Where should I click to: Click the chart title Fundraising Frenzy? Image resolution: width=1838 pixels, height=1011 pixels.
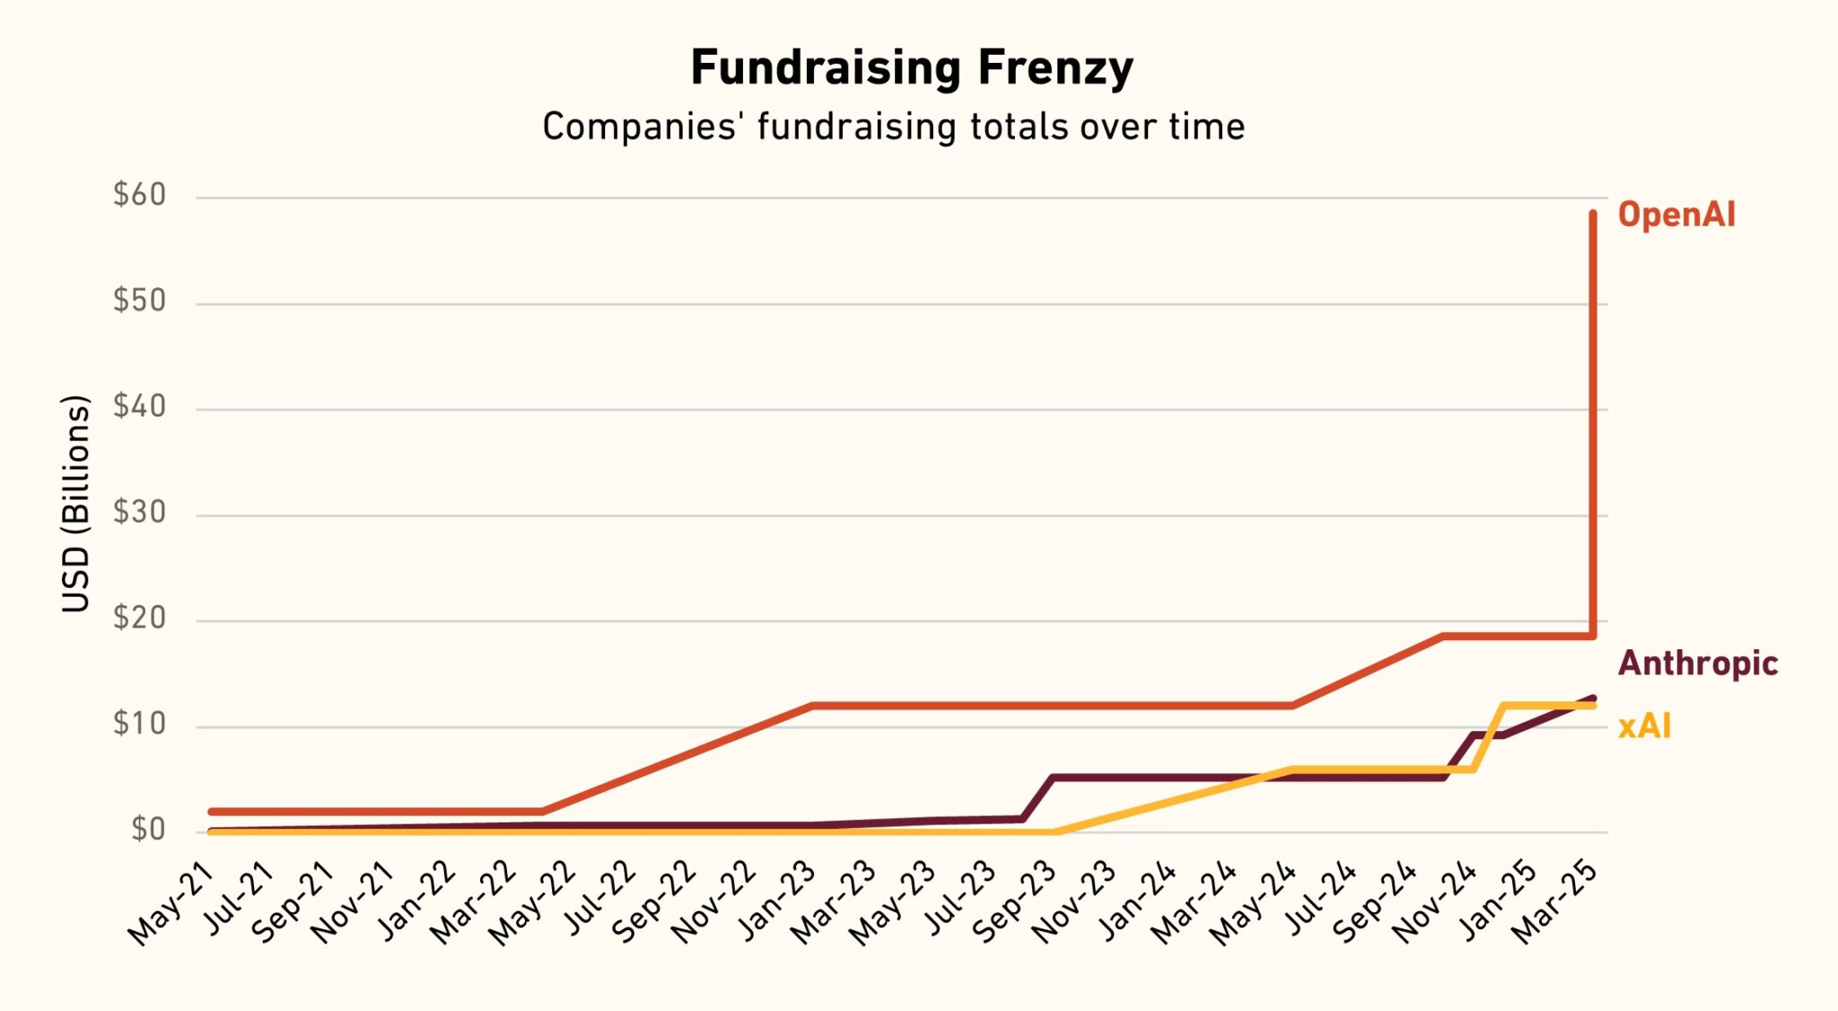click(911, 68)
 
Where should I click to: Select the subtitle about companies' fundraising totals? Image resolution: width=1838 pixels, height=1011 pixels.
click(893, 127)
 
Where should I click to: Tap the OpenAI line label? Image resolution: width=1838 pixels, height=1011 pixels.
click(1676, 215)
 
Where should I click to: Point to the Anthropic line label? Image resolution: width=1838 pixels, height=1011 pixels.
click(1697, 664)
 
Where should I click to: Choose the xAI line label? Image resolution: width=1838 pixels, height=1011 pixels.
click(1644, 725)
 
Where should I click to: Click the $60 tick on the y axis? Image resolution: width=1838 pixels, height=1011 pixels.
click(140, 195)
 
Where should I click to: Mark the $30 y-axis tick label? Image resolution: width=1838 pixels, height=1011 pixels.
click(140, 512)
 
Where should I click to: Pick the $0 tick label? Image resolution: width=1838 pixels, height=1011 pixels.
click(148, 830)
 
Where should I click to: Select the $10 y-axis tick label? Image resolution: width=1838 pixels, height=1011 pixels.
click(140, 724)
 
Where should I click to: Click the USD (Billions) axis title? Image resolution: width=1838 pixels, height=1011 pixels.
click(76, 504)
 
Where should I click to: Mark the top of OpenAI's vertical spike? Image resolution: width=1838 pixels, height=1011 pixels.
click(1593, 214)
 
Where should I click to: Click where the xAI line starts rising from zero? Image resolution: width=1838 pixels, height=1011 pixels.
click(1055, 832)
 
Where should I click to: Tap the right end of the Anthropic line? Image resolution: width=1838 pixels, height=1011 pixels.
click(1593, 698)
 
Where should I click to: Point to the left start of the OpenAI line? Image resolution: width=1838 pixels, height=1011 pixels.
click(211, 812)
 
